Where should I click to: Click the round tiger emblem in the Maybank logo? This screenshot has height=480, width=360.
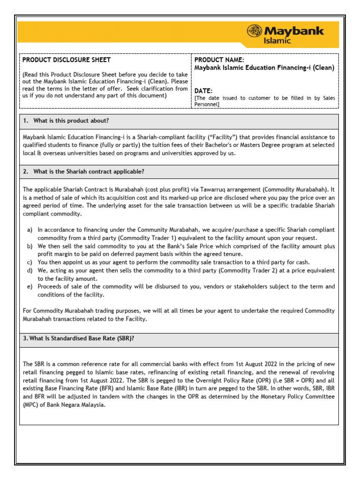tap(255, 32)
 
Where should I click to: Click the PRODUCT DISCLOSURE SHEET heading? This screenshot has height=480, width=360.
tap(67, 60)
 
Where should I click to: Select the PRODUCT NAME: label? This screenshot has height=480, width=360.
tap(219, 60)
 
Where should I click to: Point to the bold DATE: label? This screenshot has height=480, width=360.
tap(203, 90)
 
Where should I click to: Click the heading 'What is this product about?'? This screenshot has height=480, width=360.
tap(71, 121)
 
